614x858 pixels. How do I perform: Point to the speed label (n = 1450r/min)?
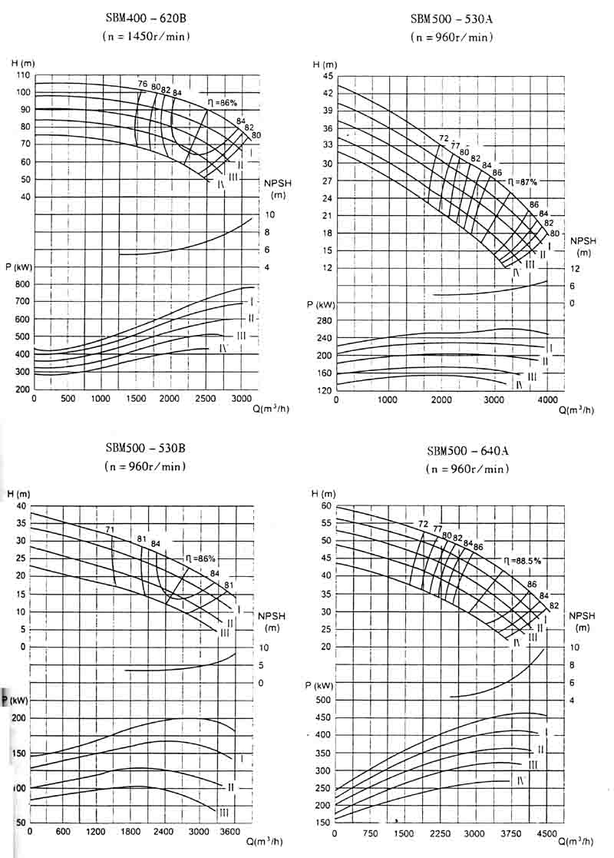click(x=145, y=36)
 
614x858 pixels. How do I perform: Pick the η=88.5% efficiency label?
click(x=522, y=561)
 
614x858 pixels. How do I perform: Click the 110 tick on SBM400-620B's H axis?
click(x=22, y=75)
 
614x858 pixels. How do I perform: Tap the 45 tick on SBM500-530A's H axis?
click(x=328, y=75)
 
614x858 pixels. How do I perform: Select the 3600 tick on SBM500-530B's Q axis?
click(x=232, y=832)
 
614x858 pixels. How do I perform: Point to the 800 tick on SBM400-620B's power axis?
click(x=22, y=284)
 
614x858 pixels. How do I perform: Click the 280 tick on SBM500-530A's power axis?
click(x=325, y=320)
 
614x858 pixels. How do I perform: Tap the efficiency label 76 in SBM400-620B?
click(x=142, y=84)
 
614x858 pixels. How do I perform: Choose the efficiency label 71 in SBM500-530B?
click(x=111, y=529)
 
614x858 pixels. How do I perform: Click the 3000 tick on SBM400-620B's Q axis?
click(x=239, y=398)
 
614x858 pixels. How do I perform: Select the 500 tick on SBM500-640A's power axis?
click(x=324, y=700)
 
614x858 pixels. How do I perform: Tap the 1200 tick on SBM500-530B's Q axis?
click(x=96, y=832)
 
